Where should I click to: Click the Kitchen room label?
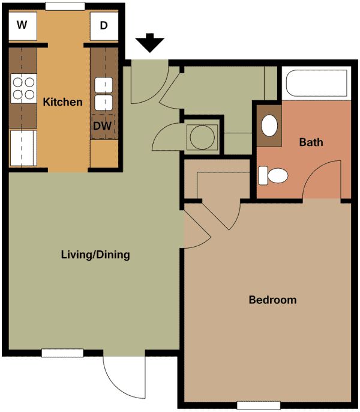pyautogui.click(x=62, y=102)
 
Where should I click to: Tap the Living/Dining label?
pyautogui.click(x=95, y=255)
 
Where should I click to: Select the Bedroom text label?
pyautogui.click(x=272, y=300)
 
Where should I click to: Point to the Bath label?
pyautogui.click(x=311, y=142)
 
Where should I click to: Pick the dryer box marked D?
pyautogui.click(x=104, y=26)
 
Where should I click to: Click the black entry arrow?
pyautogui.click(x=150, y=44)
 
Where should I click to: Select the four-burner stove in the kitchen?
pyautogui.click(x=23, y=88)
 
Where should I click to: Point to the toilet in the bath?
pyautogui.click(x=274, y=176)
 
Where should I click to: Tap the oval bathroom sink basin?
pyautogui.click(x=270, y=125)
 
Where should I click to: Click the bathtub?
pyautogui.click(x=316, y=84)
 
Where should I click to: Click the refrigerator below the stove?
pyautogui.click(x=23, y=148)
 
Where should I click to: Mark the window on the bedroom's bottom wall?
pyautogui.click(x=258, y=405)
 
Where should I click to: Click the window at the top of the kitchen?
pyautogui.click(x=65, y=6)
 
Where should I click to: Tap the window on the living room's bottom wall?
pyautogui.click(x=62, y=353)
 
